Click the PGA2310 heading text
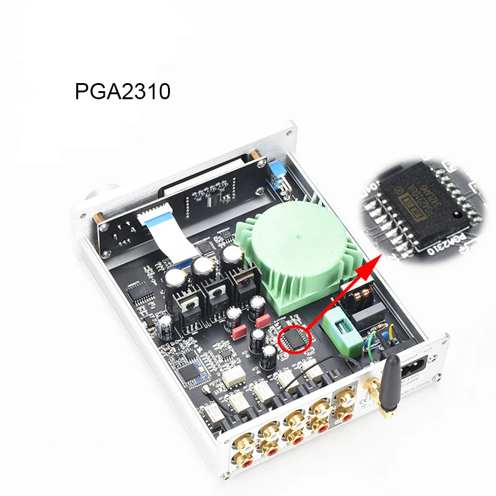click(122, 92)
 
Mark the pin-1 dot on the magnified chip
click(456, 216)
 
